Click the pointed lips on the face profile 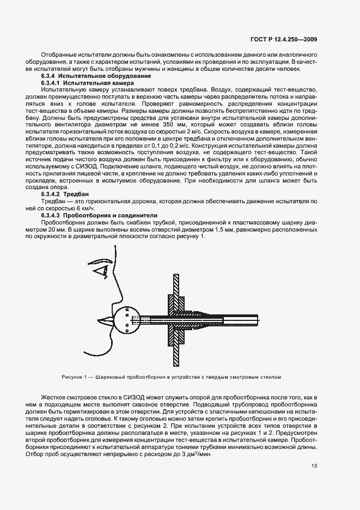point(105,319)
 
